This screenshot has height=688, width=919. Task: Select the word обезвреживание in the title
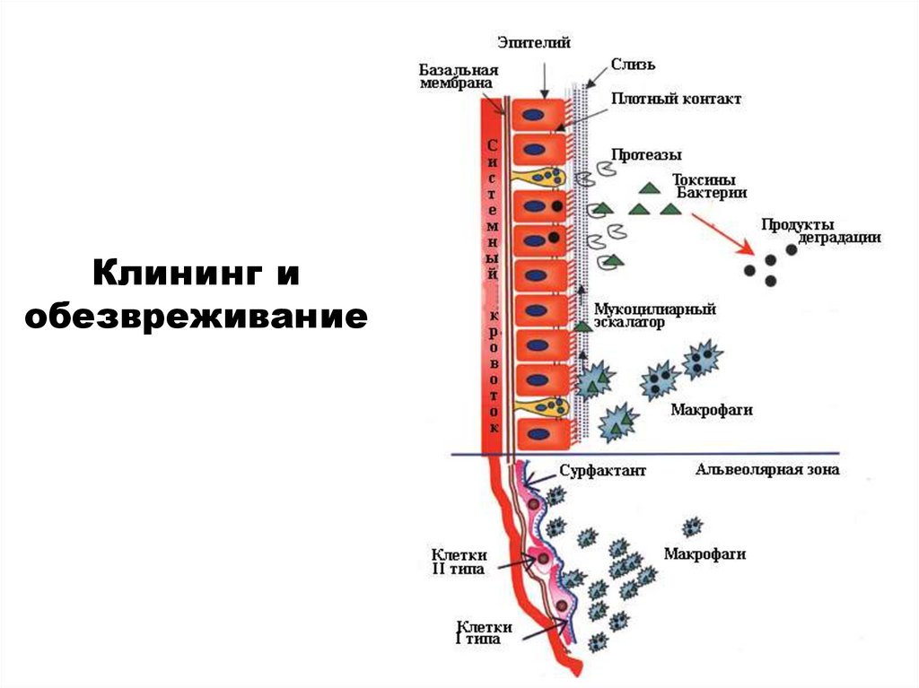(197, 316)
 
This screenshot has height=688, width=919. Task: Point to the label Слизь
(634, 64)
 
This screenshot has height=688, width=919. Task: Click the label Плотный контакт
(677, 99)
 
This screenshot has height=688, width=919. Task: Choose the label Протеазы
(646, 154)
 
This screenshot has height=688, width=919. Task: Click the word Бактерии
(711, 192)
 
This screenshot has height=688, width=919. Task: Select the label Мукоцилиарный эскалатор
(654, 316)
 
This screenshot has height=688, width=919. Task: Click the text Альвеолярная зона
(767, 470)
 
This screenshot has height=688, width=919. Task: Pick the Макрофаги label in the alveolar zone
(705, 553)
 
